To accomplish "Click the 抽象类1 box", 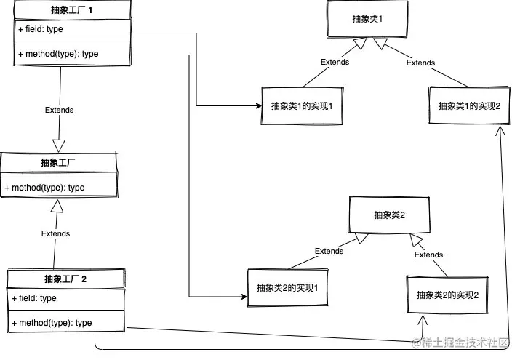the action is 367,19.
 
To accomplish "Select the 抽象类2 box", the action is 389,215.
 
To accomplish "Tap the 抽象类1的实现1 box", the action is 302,105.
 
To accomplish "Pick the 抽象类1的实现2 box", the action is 469,105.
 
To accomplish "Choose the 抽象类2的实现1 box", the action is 287,287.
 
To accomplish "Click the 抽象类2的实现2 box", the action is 447,295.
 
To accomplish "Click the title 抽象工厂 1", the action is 71,10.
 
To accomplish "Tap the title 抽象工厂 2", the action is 65,279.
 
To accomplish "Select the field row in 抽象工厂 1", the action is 73,30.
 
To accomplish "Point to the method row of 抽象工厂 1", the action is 73,54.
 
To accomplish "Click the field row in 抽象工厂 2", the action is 66,299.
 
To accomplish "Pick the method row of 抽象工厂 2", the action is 66,322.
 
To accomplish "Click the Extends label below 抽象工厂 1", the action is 60,110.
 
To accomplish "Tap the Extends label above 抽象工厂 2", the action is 56,233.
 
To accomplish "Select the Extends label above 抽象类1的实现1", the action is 335,62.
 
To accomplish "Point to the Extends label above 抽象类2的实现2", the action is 429,255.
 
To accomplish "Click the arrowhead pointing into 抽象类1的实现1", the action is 259,105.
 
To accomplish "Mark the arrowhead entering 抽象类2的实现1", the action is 244,296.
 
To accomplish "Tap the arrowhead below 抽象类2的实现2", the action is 423,319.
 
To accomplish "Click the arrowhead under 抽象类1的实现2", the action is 500,131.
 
